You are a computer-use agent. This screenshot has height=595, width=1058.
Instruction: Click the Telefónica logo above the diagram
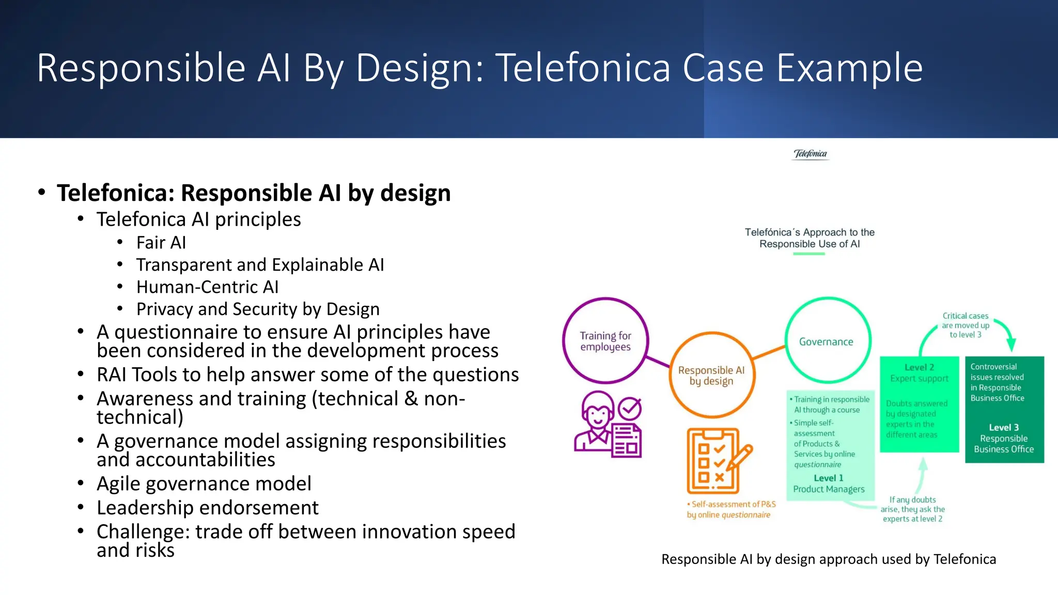point(810,154)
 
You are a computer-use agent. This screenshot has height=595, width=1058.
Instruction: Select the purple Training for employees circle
point(605,341)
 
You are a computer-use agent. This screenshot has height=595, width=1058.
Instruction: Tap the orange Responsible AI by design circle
point(711,375)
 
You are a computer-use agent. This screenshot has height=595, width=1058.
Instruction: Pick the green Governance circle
point(827,341)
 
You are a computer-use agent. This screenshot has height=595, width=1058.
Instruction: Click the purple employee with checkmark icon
point(608,424)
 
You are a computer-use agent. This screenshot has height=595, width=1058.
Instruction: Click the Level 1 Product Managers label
point(829,483)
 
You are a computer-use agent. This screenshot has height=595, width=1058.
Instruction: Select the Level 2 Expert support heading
point(919,373)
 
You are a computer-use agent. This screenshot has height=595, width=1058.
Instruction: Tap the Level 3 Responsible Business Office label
point(1004,439)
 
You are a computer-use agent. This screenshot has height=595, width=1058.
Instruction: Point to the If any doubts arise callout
point(912,509)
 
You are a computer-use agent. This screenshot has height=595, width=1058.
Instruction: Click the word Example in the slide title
point(849,68)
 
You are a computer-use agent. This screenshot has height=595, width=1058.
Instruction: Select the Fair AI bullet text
point(161,242)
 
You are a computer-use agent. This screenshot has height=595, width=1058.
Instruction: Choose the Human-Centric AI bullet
point(207,287)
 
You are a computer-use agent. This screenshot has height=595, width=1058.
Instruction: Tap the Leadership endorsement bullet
point(207,508)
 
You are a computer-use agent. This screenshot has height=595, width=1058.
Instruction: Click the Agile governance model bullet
point(204,483)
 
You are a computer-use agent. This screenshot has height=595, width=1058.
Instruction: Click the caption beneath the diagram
point(828,559)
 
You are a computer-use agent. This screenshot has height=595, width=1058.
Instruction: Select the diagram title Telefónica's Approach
point(810,238)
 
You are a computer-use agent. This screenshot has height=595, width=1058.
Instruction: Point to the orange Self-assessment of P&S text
point(731,509)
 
